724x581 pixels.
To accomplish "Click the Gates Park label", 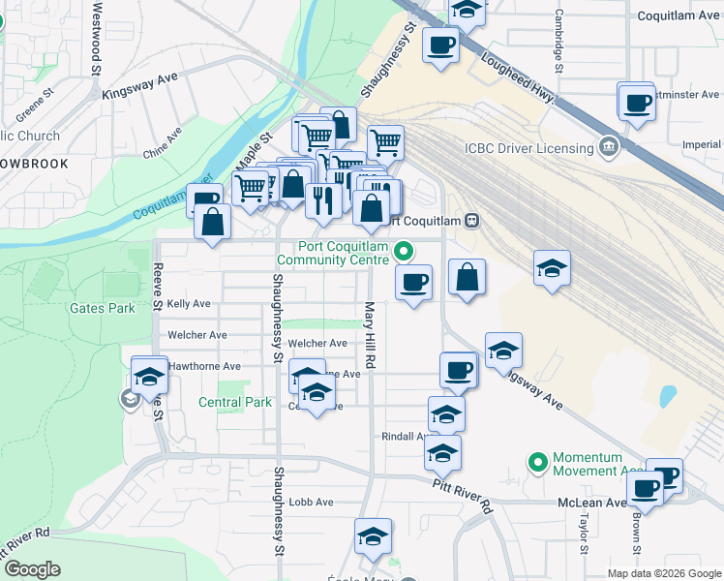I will tap(102, 309).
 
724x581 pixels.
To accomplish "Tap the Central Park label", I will tap(235, 402).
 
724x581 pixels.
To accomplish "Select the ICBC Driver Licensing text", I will tap(528, 148).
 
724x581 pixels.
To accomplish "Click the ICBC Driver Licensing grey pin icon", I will tap(609, 148).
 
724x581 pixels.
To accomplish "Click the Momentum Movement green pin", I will tap(538, 464).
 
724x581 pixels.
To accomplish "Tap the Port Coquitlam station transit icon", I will tap(471, 220).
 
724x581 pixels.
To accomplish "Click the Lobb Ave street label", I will tap(311, 503).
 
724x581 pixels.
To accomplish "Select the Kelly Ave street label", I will tap(189, 303).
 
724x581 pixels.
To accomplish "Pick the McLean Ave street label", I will tap(591, 503).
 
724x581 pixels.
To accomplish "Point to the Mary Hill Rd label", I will tap(369, 334).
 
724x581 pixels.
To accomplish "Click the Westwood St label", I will tap(97, 39).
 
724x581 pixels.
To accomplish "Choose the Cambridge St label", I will tap(559, 41).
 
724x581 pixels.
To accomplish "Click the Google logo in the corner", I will tap(32, 568).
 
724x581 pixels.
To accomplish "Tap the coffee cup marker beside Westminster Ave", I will tap(637, 102).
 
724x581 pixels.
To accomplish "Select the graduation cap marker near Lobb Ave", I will tap(372, 537).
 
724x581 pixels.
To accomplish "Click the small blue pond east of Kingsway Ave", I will tap(667, 396).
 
